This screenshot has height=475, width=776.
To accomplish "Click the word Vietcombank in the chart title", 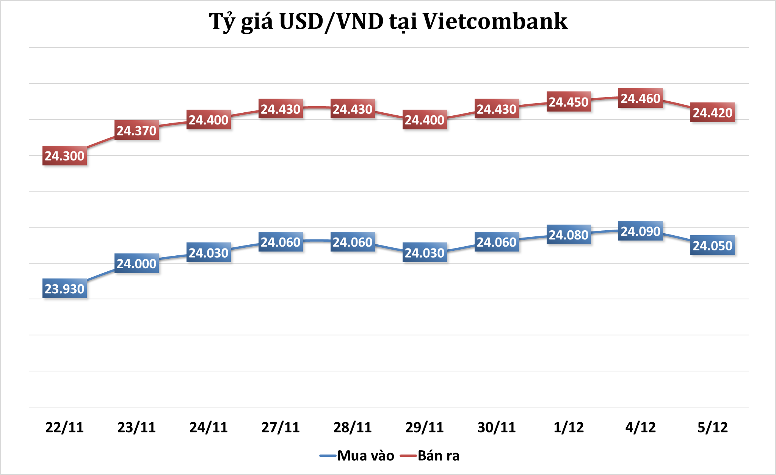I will coord(495,22).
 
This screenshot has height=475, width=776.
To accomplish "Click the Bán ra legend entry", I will coord(438,455).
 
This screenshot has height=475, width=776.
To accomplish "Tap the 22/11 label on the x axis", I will coord(64,427).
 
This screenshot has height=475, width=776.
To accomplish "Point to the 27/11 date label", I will coord(281,427).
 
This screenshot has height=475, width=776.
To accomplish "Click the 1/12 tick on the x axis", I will coord(569,427).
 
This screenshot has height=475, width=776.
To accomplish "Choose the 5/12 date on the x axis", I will coord(713,427).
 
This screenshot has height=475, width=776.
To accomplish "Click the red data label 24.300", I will coord(64,156).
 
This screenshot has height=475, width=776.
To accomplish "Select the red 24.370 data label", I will coord(136,131).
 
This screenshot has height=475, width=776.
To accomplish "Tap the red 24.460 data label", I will coord(641,98).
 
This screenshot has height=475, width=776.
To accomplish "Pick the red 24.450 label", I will coord(569,102).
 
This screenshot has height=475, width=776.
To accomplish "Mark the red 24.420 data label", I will coord(713,113).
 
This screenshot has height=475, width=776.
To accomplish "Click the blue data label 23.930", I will coord(64,289).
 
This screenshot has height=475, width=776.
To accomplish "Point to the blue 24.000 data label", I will coord(136,264).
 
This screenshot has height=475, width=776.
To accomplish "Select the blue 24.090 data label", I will coord(641,231).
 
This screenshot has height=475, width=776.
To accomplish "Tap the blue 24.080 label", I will coord(569,235).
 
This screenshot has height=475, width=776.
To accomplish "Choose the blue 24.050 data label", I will coord(713,245).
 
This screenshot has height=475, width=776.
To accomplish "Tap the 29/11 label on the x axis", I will coord(425,427).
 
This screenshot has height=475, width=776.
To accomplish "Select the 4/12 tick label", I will coord(641,427).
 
